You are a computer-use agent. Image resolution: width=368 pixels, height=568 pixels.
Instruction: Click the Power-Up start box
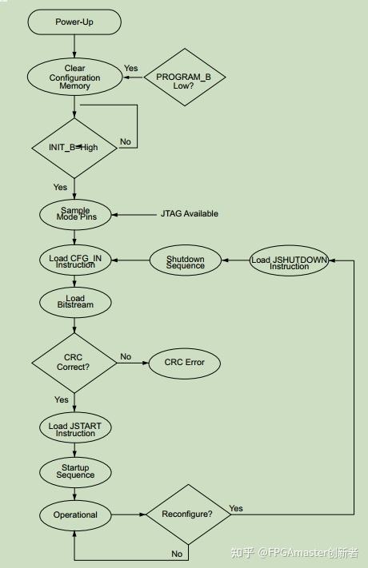(x=74, y=22)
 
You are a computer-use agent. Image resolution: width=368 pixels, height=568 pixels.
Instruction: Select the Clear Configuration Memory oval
(x=74, y=77)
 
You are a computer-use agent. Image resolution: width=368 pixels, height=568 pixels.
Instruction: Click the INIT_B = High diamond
(x=74, y=148)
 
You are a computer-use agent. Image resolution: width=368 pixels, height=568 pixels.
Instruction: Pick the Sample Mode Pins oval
(x=74, y=215)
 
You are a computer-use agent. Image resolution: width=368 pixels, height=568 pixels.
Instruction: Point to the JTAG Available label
(x=190, y=214)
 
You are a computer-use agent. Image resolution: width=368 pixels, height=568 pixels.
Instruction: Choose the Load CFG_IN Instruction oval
(x=74, y=260)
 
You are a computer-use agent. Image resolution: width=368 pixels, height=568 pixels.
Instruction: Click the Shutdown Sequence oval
(x=186, y=260)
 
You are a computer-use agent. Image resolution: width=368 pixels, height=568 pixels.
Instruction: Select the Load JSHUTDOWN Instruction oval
(x=289, y=261)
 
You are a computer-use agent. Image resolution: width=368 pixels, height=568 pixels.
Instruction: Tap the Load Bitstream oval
(x=74, y=303)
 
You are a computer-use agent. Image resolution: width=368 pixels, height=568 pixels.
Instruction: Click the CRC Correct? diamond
(x=74, y=363)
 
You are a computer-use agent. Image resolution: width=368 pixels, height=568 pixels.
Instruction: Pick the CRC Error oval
(x=185, y=363)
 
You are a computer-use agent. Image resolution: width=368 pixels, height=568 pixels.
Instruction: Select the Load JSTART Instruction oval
(x=74, y=429)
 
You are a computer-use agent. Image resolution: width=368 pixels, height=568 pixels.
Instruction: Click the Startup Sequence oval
(x=74, y=471)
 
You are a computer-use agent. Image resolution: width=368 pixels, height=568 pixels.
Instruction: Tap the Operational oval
(x=74, y=515)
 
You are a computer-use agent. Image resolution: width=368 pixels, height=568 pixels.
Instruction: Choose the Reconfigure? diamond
(x=187, y=514)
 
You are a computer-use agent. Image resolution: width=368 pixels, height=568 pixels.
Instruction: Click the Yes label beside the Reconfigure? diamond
(x=236, y=508)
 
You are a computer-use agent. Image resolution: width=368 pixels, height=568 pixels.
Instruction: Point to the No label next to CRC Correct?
(x=126, y=356)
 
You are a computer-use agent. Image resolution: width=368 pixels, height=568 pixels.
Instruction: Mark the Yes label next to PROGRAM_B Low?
(x=130, y=69)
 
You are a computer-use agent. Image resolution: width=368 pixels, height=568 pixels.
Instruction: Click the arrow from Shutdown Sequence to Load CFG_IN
(x=132, y=260)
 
